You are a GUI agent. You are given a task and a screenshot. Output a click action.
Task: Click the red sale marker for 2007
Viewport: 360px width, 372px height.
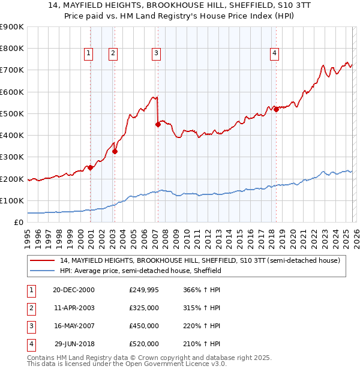coord(158,125)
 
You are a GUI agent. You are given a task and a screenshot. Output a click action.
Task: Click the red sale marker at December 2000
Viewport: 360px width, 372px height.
coord(90,168)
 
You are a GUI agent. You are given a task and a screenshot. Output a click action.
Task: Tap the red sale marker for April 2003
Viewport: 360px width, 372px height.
coord(115,152)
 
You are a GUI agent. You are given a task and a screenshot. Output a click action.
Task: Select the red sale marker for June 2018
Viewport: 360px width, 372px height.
coord(276,109)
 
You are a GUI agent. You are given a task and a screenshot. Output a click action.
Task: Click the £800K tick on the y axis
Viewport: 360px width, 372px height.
coord(12,49)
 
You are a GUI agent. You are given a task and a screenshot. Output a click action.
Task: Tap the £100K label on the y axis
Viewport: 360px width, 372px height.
coord(12,200)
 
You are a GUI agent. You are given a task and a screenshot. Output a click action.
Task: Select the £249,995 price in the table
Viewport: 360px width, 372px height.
coord(143,290)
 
